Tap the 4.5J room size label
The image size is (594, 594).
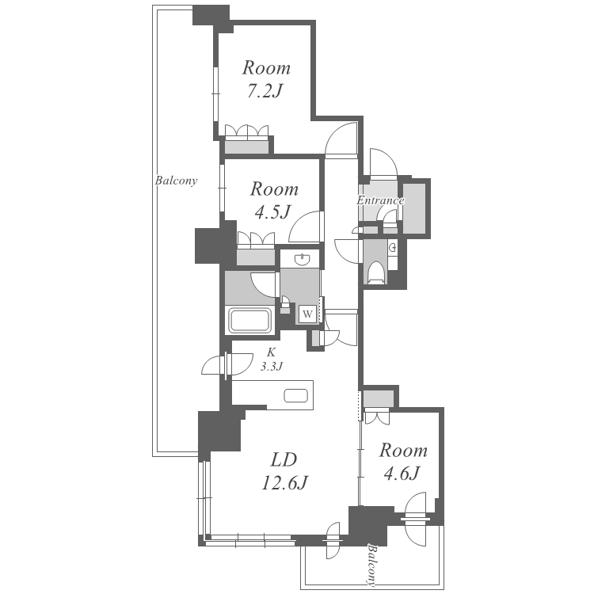coord(272,212)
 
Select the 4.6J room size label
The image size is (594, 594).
coord(402,473)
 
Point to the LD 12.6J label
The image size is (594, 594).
coord(284,471)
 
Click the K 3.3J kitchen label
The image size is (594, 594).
coord(271,359)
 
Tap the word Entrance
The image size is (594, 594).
coord(380,200)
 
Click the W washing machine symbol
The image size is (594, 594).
coord(308,314)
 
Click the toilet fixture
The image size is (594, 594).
coord(376,272)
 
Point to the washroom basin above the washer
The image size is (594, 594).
coord(302,259)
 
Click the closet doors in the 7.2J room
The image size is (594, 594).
coord(247,131)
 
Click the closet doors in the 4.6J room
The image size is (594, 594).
coord(376,417)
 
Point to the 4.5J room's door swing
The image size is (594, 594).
coord(306,227)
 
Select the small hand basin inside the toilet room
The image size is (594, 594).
coord(393,248)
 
